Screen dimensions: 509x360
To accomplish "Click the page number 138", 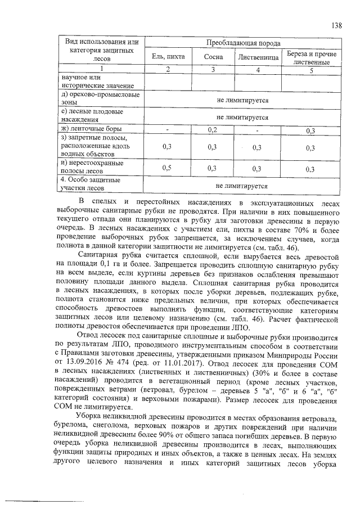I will tap(337, 25).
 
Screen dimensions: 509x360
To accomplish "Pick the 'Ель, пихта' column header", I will tap(168, 57).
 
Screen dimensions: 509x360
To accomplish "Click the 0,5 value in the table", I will tap(167, 168).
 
